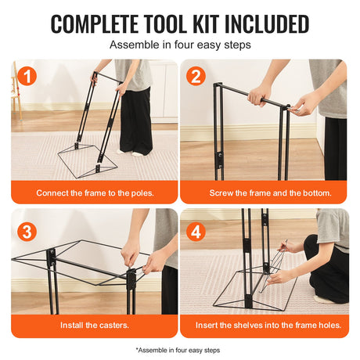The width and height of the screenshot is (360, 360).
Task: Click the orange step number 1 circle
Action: pyautogui.click(x=27, y=76)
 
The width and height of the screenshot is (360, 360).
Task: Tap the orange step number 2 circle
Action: pyautogui.click(x=196, y=76)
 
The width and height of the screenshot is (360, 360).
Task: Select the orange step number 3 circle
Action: pyautogui.click(x=27, y=232)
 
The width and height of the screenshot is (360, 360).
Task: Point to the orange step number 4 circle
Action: pyautogui.click(x=196, y=232)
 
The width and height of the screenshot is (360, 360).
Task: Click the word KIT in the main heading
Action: pyautogui.click(x=207, y=24)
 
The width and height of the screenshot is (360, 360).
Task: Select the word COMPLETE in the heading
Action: pyautogui.click(x=95, y=24)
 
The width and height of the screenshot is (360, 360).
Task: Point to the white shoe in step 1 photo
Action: pyautogui.click(x=138, y=154)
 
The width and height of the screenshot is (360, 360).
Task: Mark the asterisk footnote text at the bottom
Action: pyautogui.click(x=178, y=350)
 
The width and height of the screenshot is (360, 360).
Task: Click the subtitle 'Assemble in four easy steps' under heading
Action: pyautogui.click(x=180, y=45)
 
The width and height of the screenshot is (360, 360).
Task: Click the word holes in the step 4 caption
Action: pyautogui.click(x=330, y=326)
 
